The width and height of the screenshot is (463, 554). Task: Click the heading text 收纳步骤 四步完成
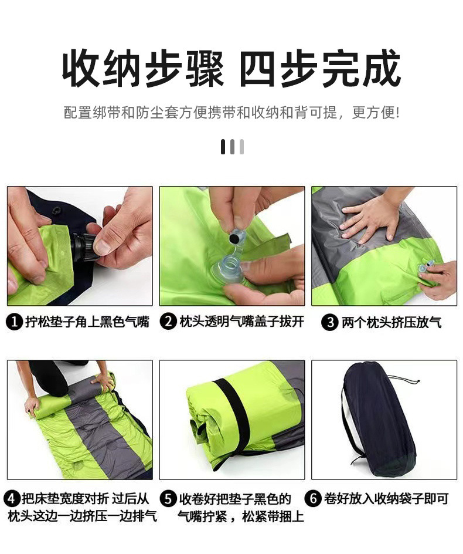coord(231,69)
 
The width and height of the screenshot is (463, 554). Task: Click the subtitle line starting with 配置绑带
coord(231,112)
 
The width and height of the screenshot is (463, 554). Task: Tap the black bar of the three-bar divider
coord(223,147)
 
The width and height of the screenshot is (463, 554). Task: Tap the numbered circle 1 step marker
coord(14,322)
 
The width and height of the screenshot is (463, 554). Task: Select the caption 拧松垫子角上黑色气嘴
coord(87,322)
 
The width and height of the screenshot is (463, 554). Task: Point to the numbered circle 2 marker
coord(168,322)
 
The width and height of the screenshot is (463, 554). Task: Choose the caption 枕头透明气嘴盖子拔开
coord(241,322)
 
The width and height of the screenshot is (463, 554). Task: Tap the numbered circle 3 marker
coord(331,322)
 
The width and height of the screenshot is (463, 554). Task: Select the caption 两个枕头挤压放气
coord(391,322)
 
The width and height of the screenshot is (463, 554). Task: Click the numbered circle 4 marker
coord(12,499)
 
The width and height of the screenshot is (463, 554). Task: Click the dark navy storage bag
coord(378,420)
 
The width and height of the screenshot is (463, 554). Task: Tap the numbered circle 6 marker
coord(314,499)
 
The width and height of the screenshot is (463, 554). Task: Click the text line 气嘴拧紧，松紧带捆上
coord(241,517)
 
